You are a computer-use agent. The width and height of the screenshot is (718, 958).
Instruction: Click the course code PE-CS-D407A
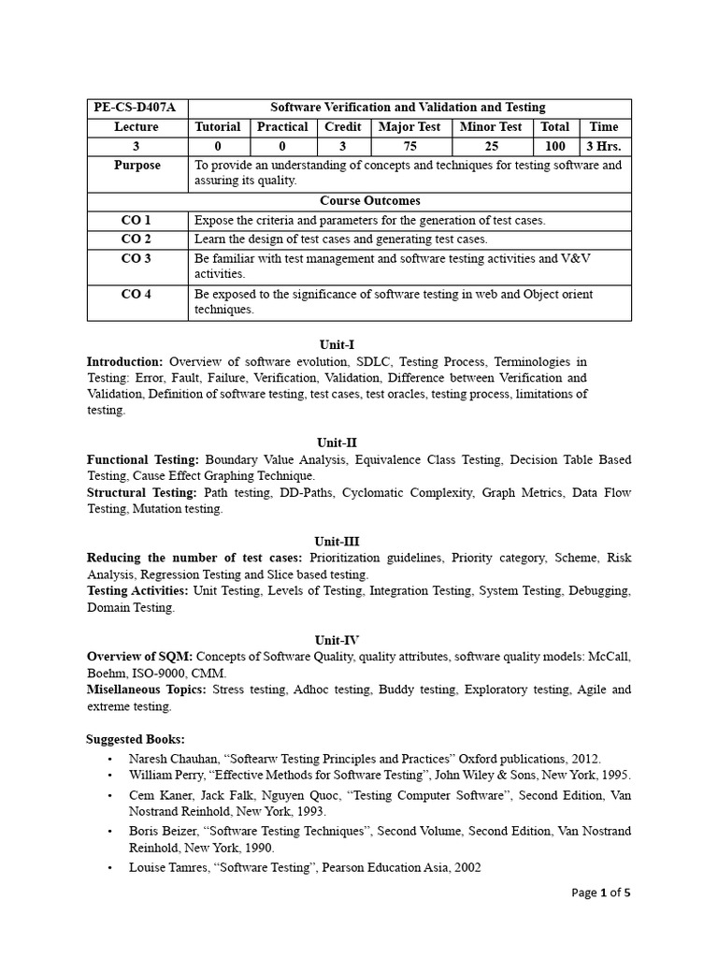point(136,108)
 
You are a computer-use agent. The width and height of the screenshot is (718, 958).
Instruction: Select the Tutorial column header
point(218,126)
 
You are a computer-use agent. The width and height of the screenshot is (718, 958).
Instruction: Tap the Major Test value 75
point(409,146)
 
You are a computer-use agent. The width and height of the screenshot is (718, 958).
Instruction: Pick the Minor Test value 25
point(492,146)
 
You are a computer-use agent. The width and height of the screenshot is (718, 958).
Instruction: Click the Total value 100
point(555,146)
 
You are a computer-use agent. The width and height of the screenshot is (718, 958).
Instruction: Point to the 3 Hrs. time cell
point(604,146)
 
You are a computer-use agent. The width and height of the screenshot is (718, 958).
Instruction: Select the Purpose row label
point(137,165)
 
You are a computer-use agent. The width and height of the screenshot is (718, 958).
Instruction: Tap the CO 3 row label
point(136,258)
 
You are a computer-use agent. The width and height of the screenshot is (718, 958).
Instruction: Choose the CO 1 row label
point(136,220)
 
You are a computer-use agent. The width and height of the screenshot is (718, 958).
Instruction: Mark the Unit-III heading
point(337,541)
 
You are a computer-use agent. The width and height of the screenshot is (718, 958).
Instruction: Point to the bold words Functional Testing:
point(143,459)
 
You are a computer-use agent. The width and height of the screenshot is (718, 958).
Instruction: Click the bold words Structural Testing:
point(142,492)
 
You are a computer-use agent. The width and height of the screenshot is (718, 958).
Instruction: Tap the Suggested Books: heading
point(136,739)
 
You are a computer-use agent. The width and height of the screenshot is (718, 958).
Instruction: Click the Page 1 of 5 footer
point(601,893)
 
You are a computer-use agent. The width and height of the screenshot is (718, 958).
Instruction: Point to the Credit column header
point(342,126)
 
